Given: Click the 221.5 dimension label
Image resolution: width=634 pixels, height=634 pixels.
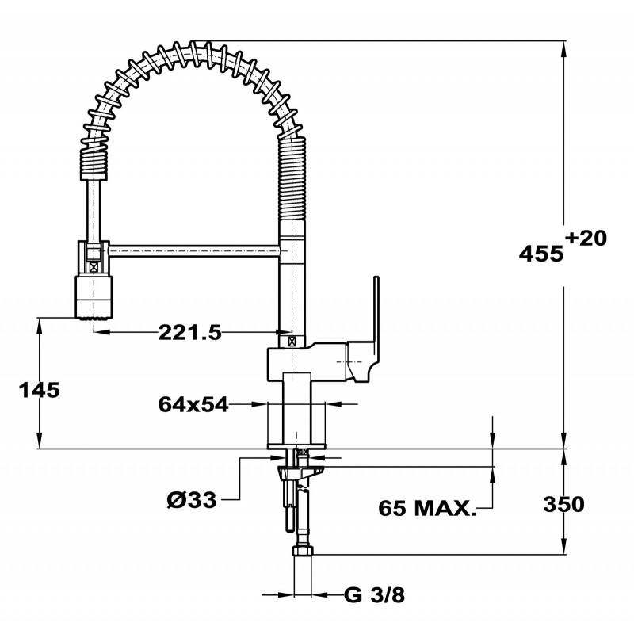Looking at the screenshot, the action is click(x=190, y=332).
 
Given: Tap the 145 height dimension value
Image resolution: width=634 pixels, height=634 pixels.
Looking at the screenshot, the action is click(x=39, y=390).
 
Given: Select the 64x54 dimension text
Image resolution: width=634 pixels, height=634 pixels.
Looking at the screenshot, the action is click(x=193, y=404).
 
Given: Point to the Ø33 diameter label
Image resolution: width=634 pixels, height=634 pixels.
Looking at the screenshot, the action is click(x=192, y=501).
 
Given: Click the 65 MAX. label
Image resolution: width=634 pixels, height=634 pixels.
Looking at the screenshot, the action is click(x=427, y=508).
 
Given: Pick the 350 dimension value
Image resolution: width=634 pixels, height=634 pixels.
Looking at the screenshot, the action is click(x=563, y=504).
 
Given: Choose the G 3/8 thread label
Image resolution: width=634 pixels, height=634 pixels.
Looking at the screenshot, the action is click(x=374, y=595).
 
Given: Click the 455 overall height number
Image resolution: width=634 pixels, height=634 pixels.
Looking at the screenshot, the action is click(x=541, y=254).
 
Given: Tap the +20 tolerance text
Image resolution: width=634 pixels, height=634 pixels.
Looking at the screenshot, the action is click(x=586, y=239).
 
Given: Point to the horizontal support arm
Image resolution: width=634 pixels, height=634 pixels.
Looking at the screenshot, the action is click(x=194, y=250).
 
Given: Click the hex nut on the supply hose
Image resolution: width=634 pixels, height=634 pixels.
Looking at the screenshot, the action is click(x=303, y=550).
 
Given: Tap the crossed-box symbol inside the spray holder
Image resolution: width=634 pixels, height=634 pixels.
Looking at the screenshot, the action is click(x=94, y=267).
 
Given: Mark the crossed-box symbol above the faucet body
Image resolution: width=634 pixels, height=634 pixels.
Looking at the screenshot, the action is click(x=291, y=342).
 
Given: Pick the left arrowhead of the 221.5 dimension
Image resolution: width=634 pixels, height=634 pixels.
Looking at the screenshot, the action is click(x=102, y=332).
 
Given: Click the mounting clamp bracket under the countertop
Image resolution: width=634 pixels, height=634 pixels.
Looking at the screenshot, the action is click(x=300, y=472).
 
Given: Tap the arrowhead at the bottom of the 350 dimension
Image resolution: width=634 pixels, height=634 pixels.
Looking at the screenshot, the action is click(x=563, y=545).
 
